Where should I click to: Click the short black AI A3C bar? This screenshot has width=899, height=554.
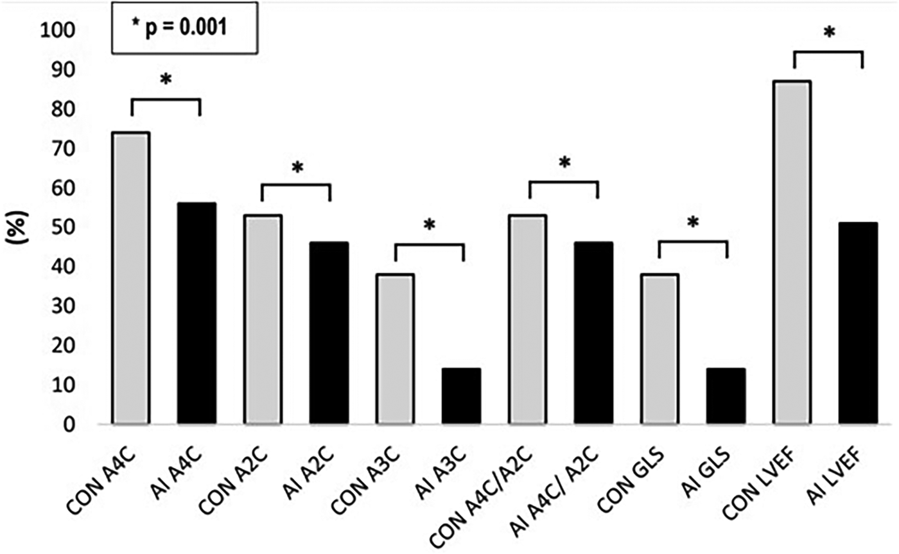(x=462, y=396)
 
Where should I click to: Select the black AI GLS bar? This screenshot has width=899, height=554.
(x=726, y=396)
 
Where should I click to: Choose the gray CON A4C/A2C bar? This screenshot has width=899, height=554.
(x=528, y=319)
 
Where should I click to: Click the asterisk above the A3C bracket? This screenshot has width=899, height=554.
(x=429, y=225)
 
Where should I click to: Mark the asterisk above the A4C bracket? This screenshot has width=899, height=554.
(x=166, y=80)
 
